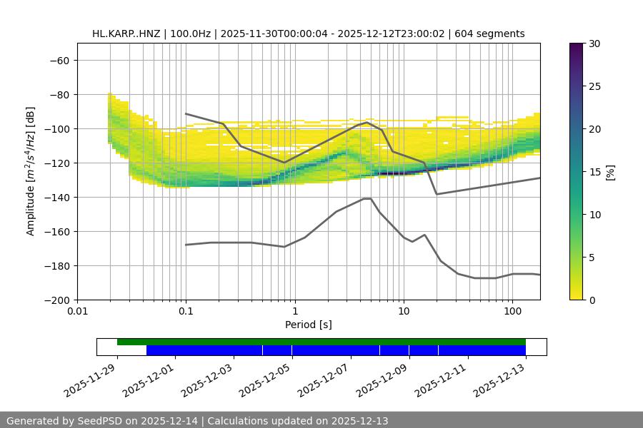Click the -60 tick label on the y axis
pos(59,61)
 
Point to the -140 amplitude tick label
pos(56,198)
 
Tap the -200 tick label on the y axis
pos(56,300)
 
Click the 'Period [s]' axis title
pos(308,325)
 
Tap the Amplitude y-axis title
pos(31,171)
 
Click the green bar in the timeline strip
pos(321,342)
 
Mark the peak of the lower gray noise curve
pos(367,198)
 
